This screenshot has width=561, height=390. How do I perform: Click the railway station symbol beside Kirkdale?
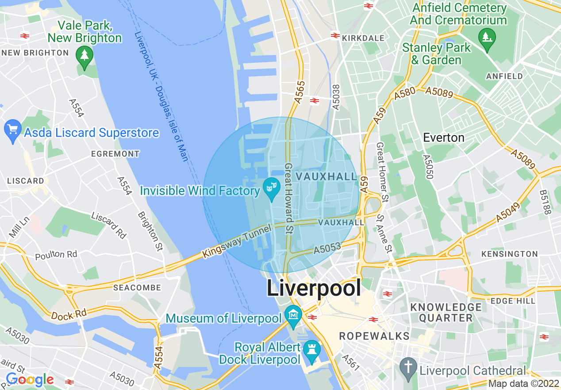click(x=335, y=35)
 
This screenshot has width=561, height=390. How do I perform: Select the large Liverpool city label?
click(x=314, y=289)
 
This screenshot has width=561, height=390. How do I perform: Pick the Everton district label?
click(x=443, y=137)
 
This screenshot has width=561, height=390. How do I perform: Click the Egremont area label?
click(x=115, y=154)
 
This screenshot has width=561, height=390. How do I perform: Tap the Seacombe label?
click(x=137, y=288)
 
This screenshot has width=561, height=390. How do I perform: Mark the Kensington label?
click(x=509, y=254)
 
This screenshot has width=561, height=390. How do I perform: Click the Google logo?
click(x=29, y=379)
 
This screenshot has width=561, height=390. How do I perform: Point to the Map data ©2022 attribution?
click(x=523, y=384)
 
